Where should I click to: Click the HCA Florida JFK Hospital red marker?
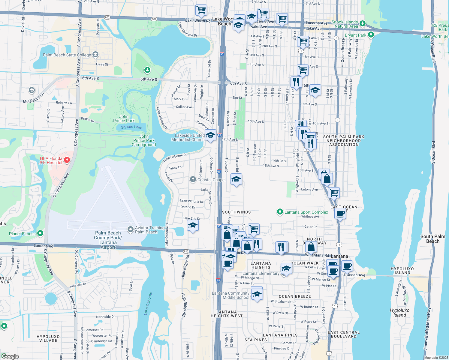pos(67,160)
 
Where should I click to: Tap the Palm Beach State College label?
pos(67,55)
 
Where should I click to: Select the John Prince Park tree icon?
pos(147,70)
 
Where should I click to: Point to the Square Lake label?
pos(131,127)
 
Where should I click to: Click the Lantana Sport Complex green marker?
pos(280,212)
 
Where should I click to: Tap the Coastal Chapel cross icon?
pos(193,179)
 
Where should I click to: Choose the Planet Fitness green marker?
pos(40,233)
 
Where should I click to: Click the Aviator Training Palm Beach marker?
pos(130,230)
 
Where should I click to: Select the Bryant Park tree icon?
pos(371,35)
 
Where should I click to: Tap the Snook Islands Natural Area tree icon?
pos(363,23)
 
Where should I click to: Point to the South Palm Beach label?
pos(433,239)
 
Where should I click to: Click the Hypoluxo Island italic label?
pos(399,313)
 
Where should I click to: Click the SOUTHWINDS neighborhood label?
pos(236,212)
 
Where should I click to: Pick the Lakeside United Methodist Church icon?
pos(210,135)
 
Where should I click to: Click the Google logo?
pos(10,356)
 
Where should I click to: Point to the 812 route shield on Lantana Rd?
pos(186,251)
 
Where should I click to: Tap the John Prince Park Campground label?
pos(144,140)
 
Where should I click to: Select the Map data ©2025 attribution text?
pos(436,358)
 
